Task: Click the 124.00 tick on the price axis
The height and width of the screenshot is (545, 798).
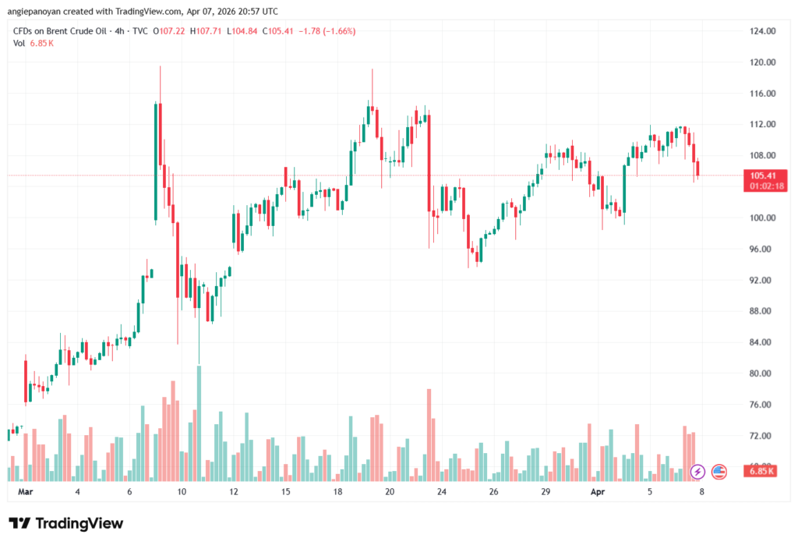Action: coord(762,31)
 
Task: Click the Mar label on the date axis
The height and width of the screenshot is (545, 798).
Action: coord(26,493)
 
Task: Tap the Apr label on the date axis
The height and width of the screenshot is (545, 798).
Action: coord(598,493)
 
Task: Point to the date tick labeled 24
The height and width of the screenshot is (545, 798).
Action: coord(441,493)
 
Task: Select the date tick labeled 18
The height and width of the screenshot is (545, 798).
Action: coord(337,493)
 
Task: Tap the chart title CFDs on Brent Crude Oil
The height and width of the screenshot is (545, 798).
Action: coord(65,30)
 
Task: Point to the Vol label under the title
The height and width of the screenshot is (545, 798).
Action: coord(19,43)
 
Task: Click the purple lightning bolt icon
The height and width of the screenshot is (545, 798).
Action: coord(698,471)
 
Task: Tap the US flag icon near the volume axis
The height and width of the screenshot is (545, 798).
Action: coord(719,471)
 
